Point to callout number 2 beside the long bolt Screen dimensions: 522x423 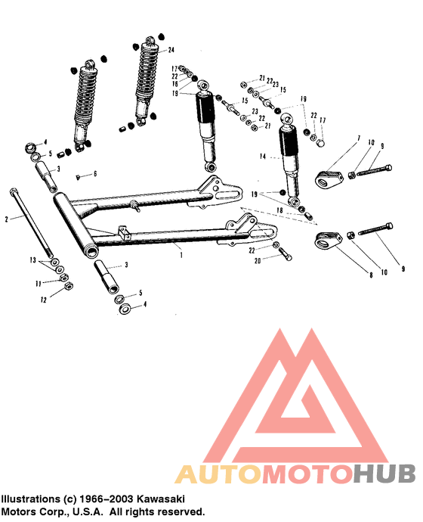(x=6, y=219)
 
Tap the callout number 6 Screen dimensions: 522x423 (x=95, y=173)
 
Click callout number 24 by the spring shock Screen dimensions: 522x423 (x=171, y=49)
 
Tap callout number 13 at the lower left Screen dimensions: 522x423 (x=32, y=259)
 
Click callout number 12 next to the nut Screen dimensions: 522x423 (x=43, y=300)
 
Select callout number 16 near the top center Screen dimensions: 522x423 (x=175, y=85)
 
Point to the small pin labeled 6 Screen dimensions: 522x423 (x=79, y=176)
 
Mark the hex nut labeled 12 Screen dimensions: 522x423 (x=66, y=287)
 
